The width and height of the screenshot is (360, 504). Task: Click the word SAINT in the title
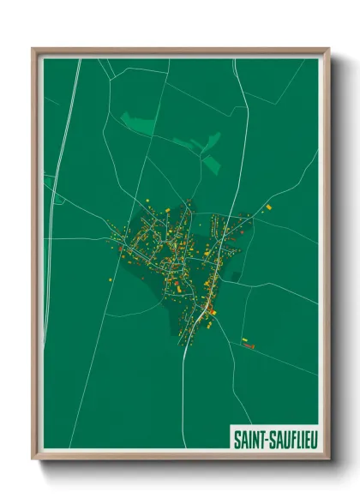point(249,439)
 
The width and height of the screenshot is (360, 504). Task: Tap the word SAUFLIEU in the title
point(291,439)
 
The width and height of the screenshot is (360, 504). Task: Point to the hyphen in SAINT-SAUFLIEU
point(265,439)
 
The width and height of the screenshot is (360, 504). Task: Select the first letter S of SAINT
point(237,439)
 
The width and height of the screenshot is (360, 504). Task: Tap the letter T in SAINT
point(261,439)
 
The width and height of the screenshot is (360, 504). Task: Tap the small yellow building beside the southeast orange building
point(243,340)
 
